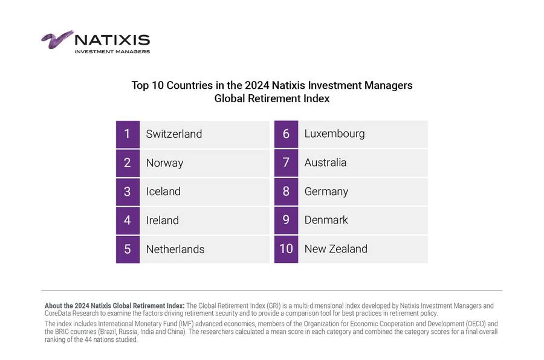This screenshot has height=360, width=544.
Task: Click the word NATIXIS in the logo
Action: [112, 40]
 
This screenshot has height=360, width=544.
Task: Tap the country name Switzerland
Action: [174, 134]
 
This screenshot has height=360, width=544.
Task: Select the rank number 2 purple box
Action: [128, 162]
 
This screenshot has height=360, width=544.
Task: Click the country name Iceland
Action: [163, 191]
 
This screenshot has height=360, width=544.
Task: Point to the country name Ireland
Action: [163, 220]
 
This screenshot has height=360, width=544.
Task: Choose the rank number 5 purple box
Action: [128, 249]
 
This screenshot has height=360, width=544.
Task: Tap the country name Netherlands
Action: [175, 249]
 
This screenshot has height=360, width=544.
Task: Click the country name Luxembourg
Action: [334, 133]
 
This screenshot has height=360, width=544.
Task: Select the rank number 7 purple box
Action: [286, 162]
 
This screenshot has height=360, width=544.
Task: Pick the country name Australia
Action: [325, 162]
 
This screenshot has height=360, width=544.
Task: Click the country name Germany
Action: [326, 191]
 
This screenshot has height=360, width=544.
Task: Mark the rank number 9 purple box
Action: [286, 220]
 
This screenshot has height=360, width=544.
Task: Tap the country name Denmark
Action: [326, 220]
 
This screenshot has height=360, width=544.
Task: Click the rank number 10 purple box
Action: [286, 249]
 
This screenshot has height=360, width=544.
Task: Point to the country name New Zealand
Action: [336, 249]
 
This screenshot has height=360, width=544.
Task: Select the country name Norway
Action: [164, 163]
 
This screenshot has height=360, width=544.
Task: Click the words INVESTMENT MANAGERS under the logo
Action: [112, 51]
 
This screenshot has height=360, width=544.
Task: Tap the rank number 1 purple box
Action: [128, 134]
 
